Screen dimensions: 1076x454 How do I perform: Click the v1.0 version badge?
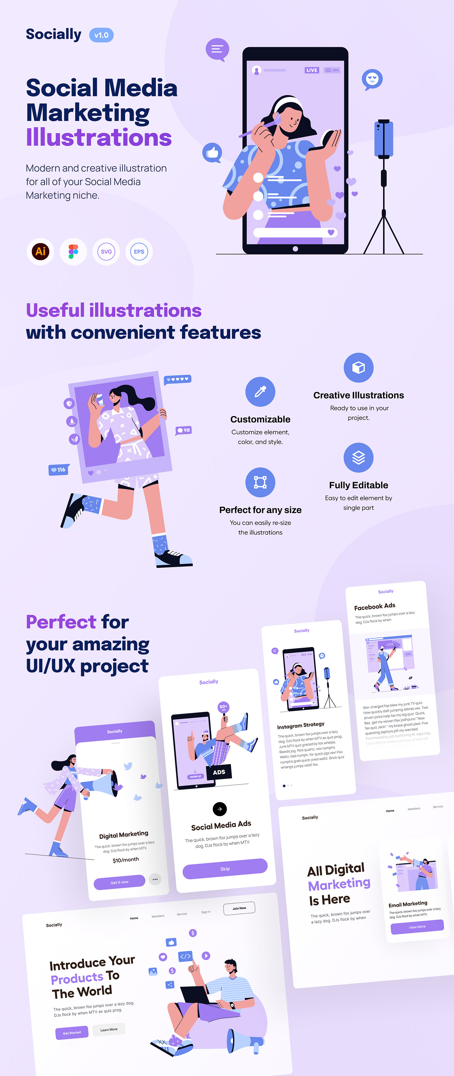pyautogui.click(x=101, y=35)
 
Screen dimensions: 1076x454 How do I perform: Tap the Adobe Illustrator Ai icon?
pyautogui.click(x=41, y=252)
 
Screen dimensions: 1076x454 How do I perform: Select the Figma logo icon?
pyautogui.click(x=74, y=252)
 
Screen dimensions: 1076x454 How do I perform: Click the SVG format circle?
pyautogui.click(x=106, y=252)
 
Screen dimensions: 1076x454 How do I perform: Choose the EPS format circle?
pyautogui.click(x=139, y=252)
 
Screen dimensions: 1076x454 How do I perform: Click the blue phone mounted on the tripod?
pyautogui.click(x=383, y=139)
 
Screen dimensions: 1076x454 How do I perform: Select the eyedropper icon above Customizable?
pyautogui.click(x=260, y=392)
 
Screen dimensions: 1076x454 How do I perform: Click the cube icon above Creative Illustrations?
pyautogui.click(x=358, y=368)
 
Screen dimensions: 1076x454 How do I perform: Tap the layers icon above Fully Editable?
pyautogui.click(x=358, y=457)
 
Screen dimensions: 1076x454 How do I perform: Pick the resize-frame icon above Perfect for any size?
pyautogui.click(x=260, y=482)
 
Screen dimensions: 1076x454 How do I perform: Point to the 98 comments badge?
pyautogui.click(x=184, y=430)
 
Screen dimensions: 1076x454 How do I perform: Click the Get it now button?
pyautogui.click(x=119, y=882)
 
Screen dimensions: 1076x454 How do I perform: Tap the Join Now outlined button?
pyautogui.click(x=239, y=908)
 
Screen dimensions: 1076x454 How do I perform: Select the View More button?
pyautogui.click(x=417, y=926)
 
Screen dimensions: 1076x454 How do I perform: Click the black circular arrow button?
pyautogui.click(x=219, y=809)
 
